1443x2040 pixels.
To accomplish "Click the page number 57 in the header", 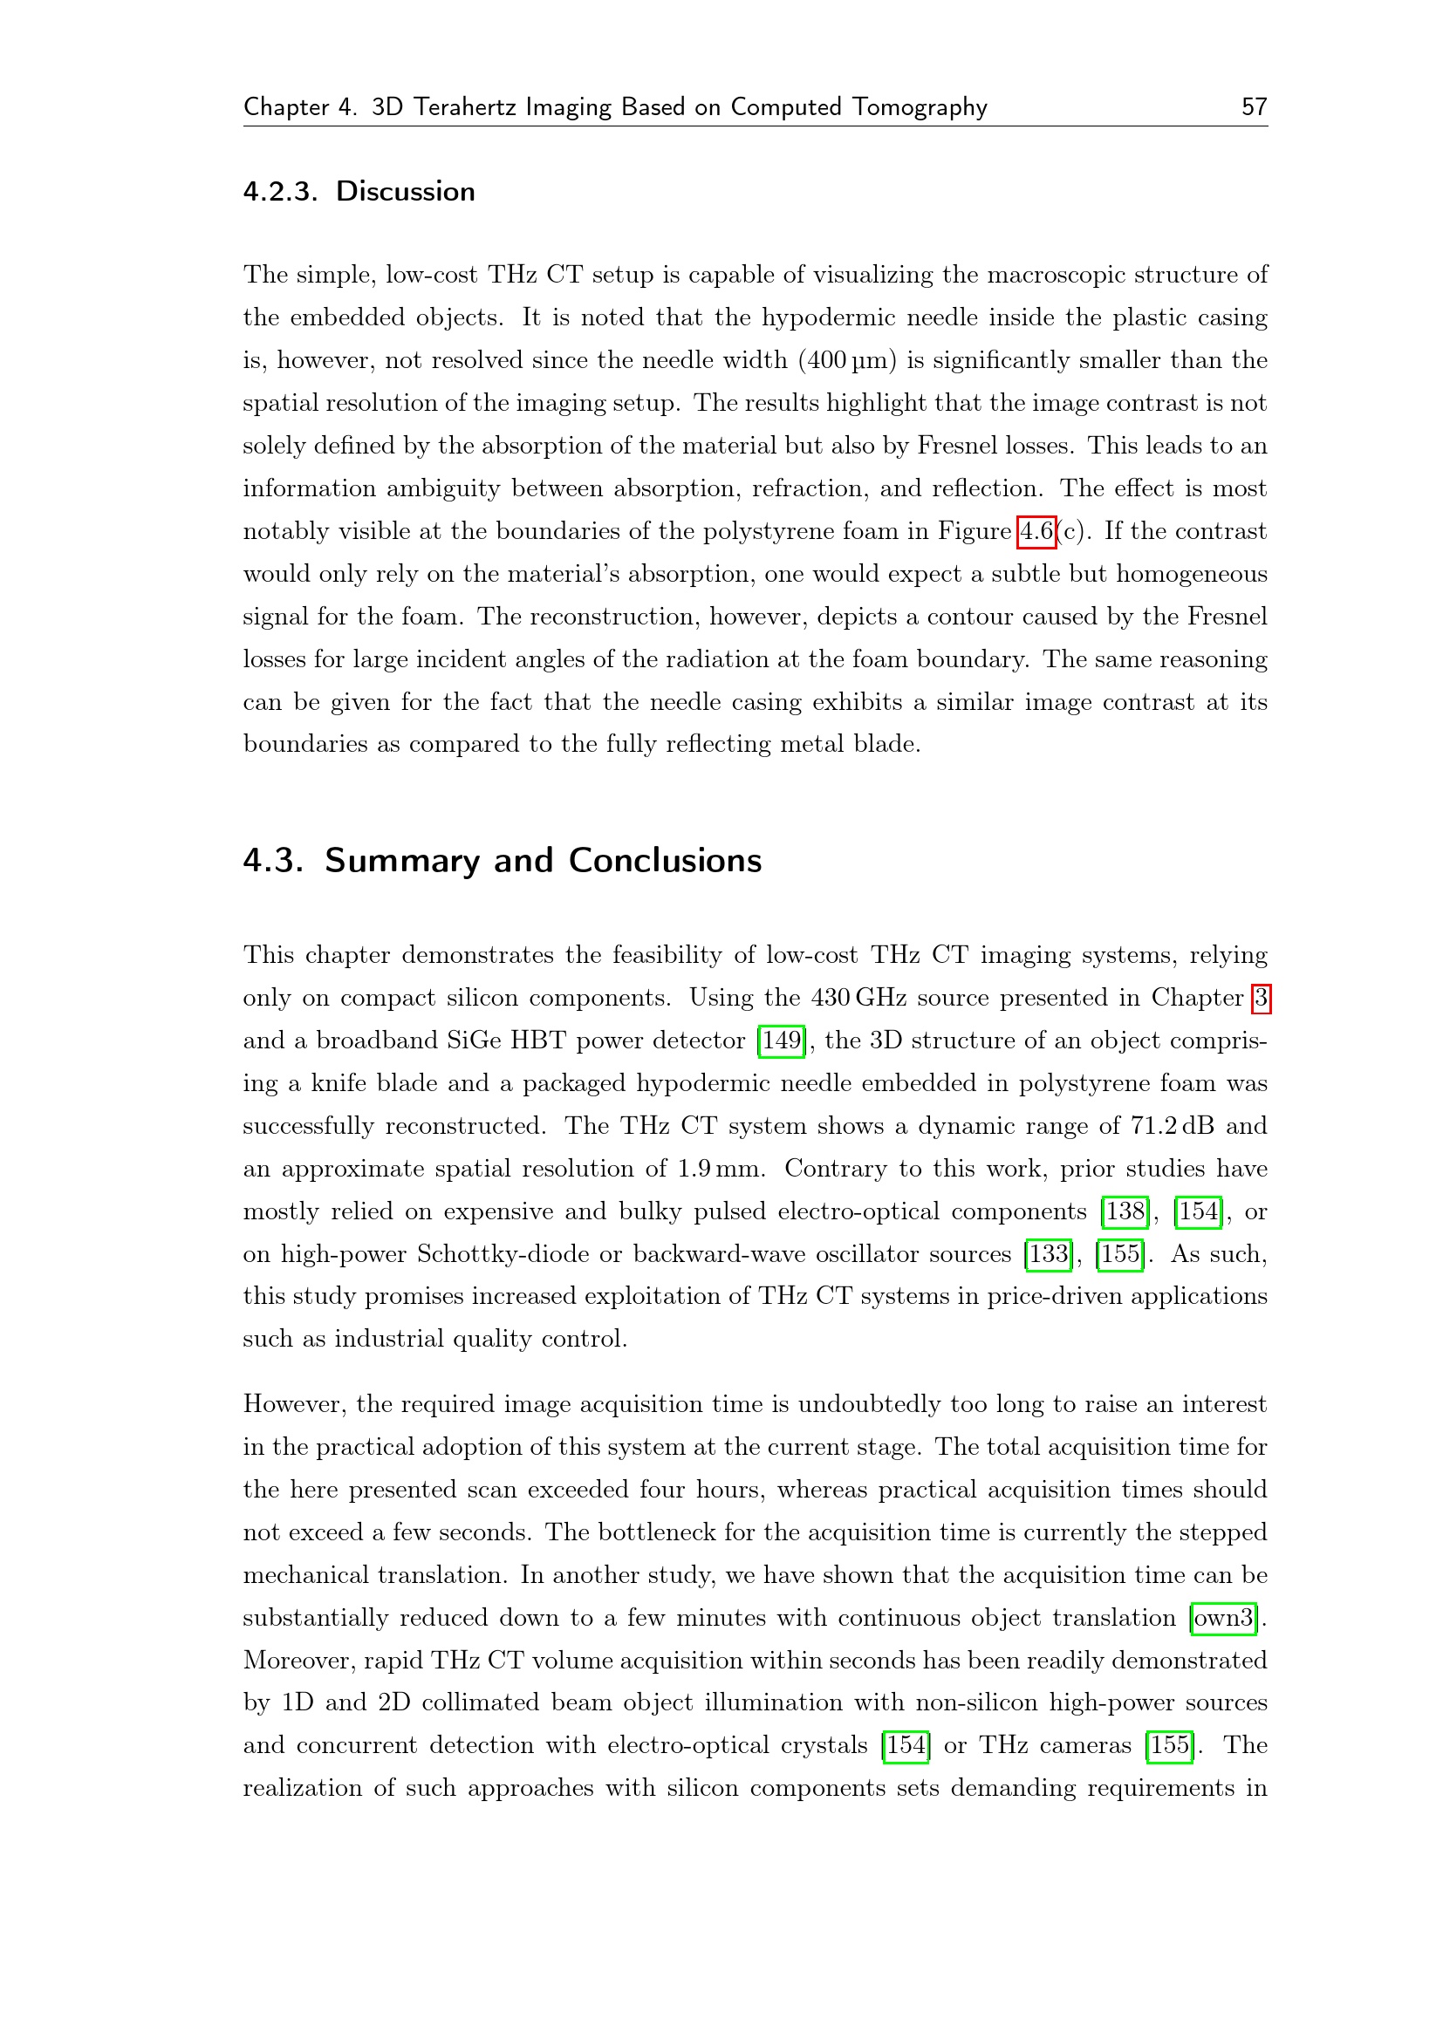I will click(x=1254, y=106).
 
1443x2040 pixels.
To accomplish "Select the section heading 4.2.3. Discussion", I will click(x=359, y=191).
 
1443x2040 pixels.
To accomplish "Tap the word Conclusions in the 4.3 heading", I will click(x=665, y=860).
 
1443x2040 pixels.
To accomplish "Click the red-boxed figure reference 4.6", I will click(x=1036, y=531).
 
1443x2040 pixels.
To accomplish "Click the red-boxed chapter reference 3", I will click(x=1261, y=998).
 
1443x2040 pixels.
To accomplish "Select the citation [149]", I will click(x=781, y=1040).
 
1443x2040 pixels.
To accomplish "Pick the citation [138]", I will click(x=1125, y=1211).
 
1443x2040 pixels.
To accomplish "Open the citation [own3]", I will click(x=1223, y=1617).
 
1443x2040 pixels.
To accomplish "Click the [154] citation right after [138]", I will click(x=1199, y=1211).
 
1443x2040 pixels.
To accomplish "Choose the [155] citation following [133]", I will click(x=1119, y=1253).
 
